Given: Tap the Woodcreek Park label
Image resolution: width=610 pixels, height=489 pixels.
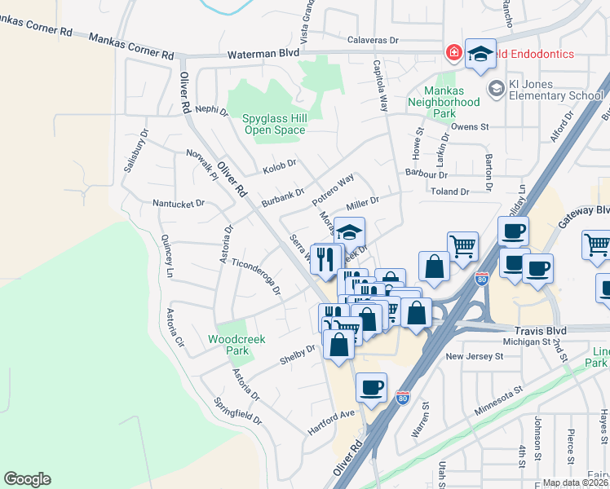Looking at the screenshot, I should tap(228, 345).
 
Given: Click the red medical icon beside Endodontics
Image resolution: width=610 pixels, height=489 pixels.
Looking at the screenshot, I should tap(453, 54).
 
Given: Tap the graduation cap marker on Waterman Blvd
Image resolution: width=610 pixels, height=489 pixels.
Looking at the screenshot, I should tap(480, 54).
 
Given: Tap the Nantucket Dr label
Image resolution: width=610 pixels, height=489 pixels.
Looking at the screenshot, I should tap(179, 203).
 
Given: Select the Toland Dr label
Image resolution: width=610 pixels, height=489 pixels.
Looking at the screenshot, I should tap(449, 192).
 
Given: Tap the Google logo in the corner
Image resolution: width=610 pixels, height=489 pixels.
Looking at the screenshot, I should tap(27, 479).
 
